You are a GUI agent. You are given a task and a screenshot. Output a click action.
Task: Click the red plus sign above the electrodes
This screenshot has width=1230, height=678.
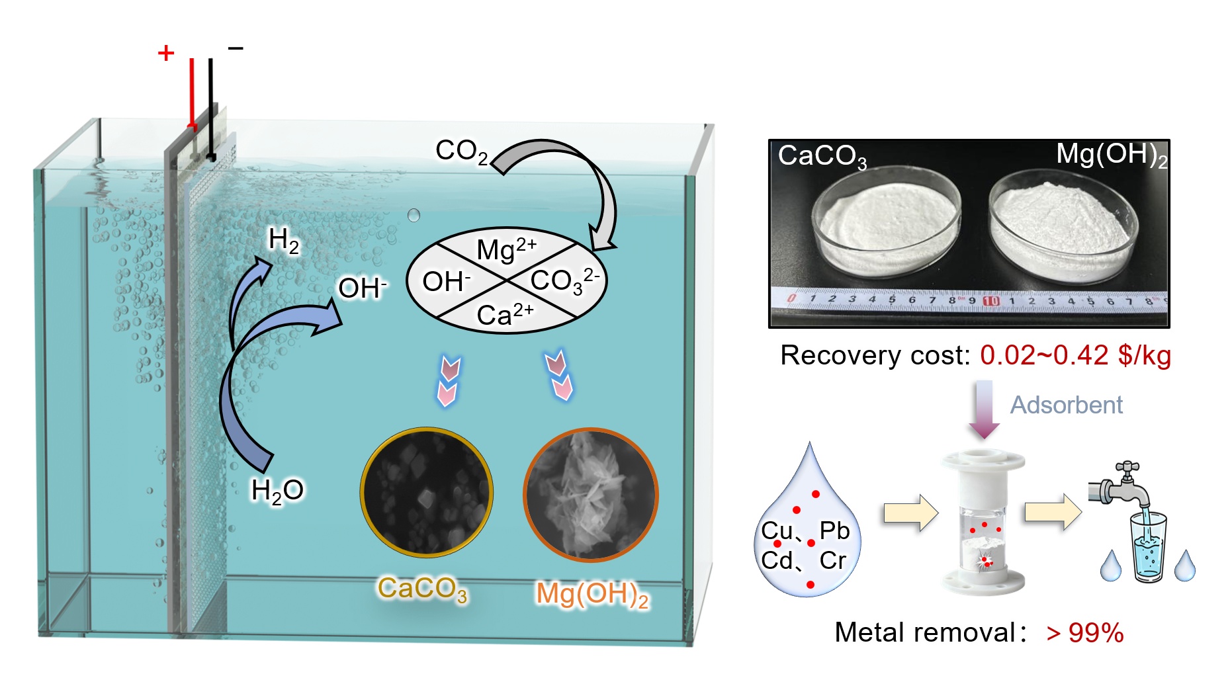click(x=166, y=53)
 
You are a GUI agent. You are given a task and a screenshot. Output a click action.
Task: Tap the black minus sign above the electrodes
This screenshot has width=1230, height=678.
click(x=236, y=48)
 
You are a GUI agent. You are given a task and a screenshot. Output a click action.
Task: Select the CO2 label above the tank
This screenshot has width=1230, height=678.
click(x=461, y=151)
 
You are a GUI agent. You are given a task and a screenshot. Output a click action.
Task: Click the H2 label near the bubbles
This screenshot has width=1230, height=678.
click(x=284, y=240)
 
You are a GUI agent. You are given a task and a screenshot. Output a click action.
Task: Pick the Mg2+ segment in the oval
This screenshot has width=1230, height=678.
click(x=506, y=249)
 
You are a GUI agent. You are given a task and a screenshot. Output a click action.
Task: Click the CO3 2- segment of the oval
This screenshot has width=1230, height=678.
click(x=564, y=280)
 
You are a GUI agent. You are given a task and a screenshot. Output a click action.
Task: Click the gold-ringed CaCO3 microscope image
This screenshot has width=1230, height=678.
click(x=427, y=492)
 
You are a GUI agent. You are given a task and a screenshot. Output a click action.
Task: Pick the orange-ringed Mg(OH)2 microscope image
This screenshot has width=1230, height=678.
click(x=590, y=495)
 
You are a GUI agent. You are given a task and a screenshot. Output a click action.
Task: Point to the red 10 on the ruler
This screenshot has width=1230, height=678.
click(x=990, y=301)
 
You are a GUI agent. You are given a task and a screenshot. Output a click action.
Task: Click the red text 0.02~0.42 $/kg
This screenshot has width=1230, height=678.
click(x=1075, y=356)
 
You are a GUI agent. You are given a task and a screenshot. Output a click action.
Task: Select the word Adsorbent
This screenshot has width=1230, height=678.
click(x=1066, y=405)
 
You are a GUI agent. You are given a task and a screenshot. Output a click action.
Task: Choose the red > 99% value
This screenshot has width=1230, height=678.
click(x=1085, y=633)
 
